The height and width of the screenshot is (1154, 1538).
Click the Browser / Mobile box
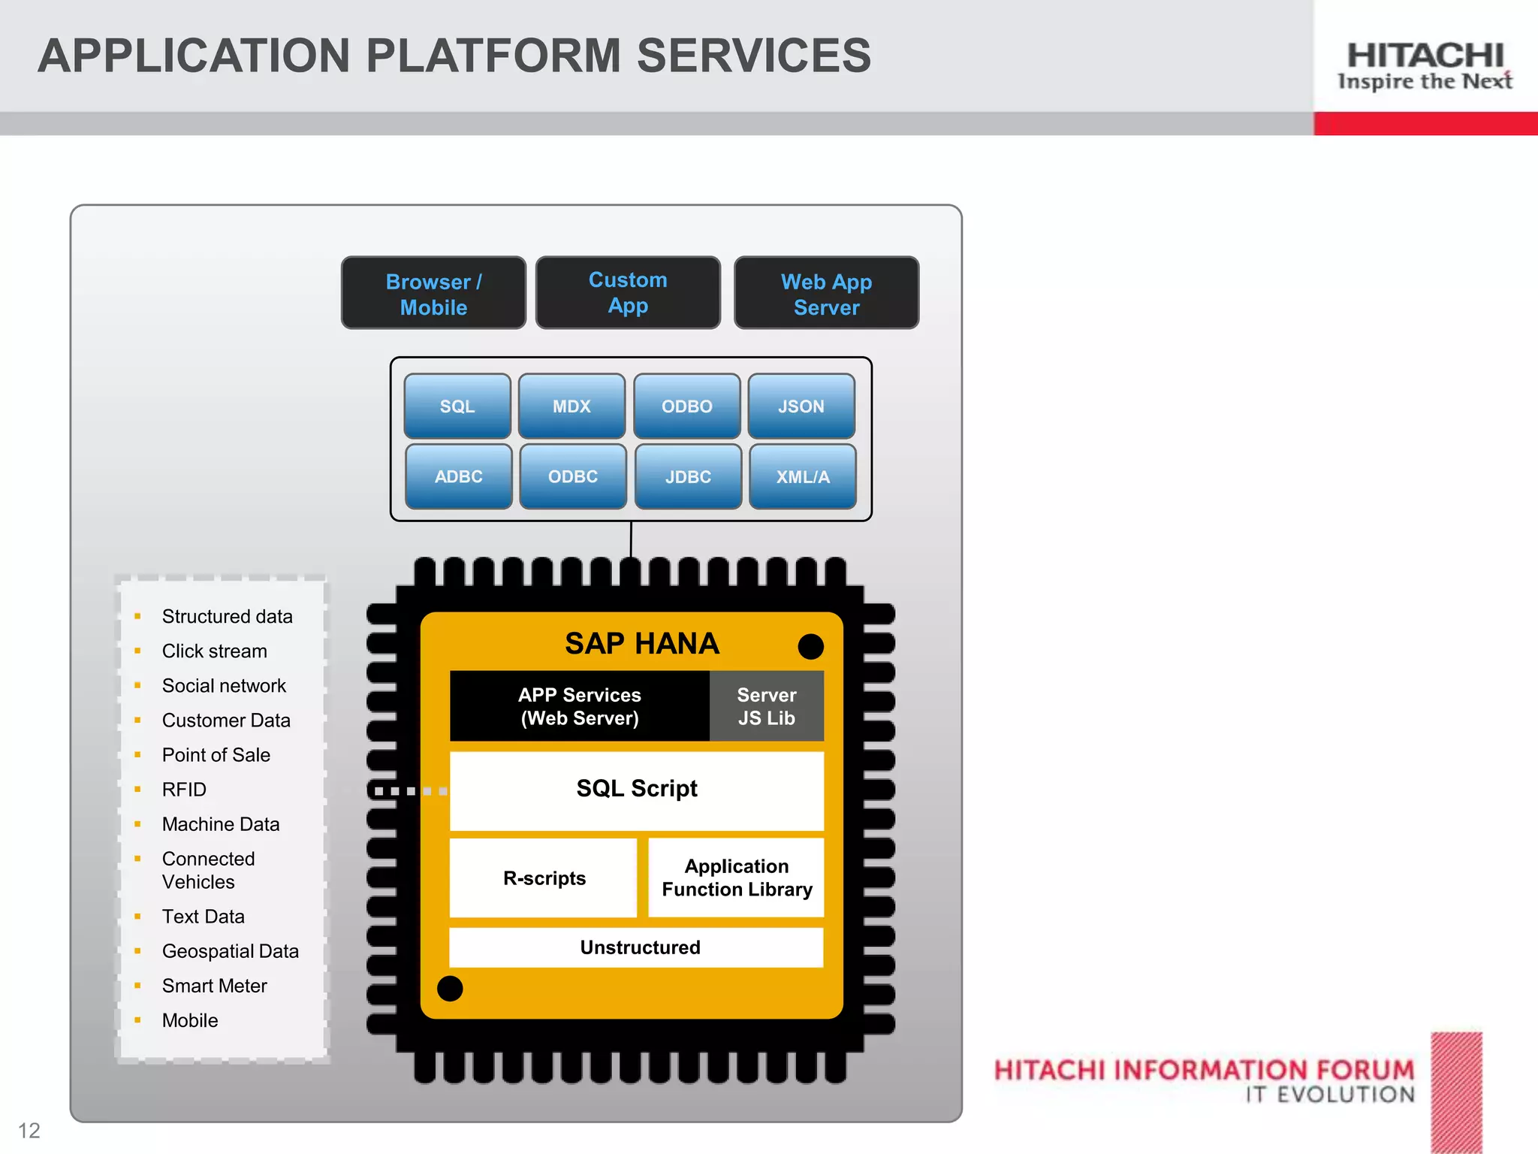(433, 293)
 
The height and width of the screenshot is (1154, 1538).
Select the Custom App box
(628, 293)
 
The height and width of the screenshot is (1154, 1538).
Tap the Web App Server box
(826, 293)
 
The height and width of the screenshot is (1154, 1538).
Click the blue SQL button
(457, 406)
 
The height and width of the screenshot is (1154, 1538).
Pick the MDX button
(571, 406)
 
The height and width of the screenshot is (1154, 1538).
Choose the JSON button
(801, 406)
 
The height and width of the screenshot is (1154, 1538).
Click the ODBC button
(573, 476)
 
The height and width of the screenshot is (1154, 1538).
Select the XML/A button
(803, 476)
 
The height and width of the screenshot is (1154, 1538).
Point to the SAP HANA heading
(642, 644)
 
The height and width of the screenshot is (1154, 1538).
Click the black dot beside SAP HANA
(810, 646)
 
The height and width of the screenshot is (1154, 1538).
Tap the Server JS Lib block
(766, 706)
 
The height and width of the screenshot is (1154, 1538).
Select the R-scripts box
(544, 878)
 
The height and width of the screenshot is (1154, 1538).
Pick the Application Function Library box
(736, 878)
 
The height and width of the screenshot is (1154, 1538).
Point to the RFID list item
(184, 790)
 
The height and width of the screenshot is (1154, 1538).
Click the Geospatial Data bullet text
(230, 951)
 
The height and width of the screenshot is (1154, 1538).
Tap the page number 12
(29, 1131)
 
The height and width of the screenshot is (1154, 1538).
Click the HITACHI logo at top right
(1425, 56)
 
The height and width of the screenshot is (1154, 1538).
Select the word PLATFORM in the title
(493, 56)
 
